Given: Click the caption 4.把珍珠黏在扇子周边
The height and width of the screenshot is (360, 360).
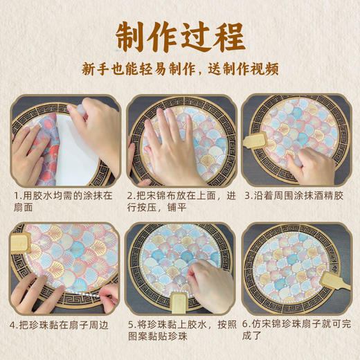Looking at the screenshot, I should tap(62, 323).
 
